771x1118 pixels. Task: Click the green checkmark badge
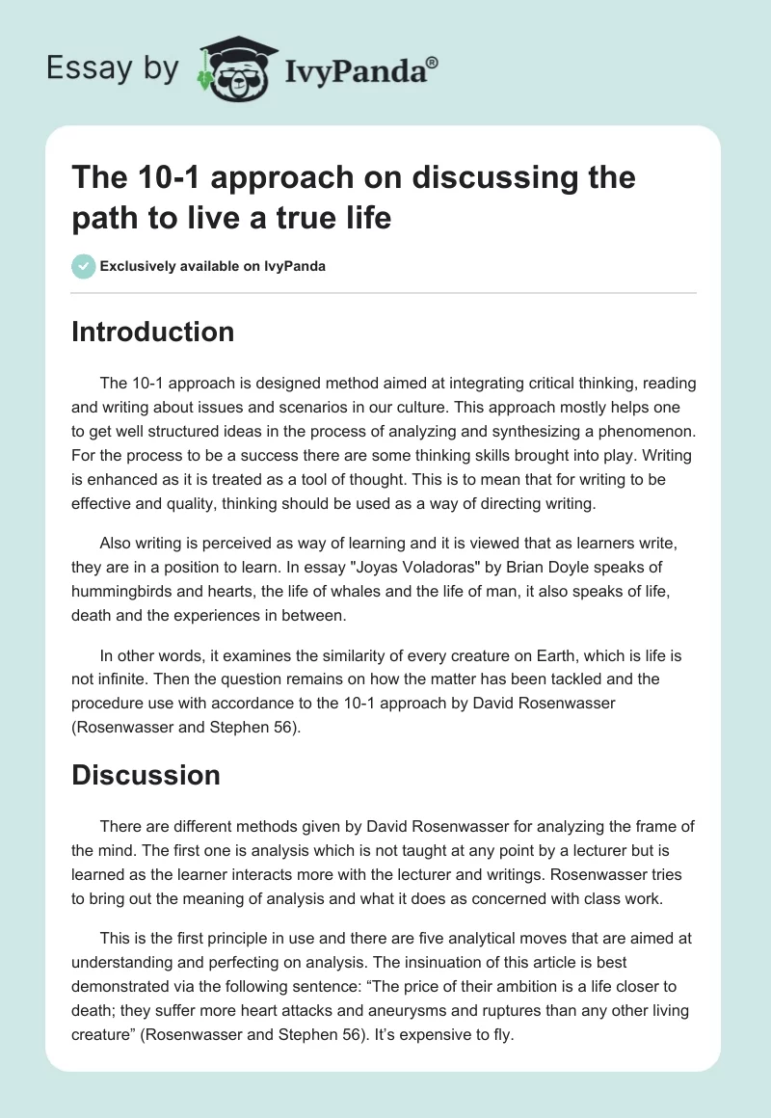pos(84,266)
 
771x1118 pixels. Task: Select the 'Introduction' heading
pos(153,333)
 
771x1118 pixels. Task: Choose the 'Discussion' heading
pos(146,775)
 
